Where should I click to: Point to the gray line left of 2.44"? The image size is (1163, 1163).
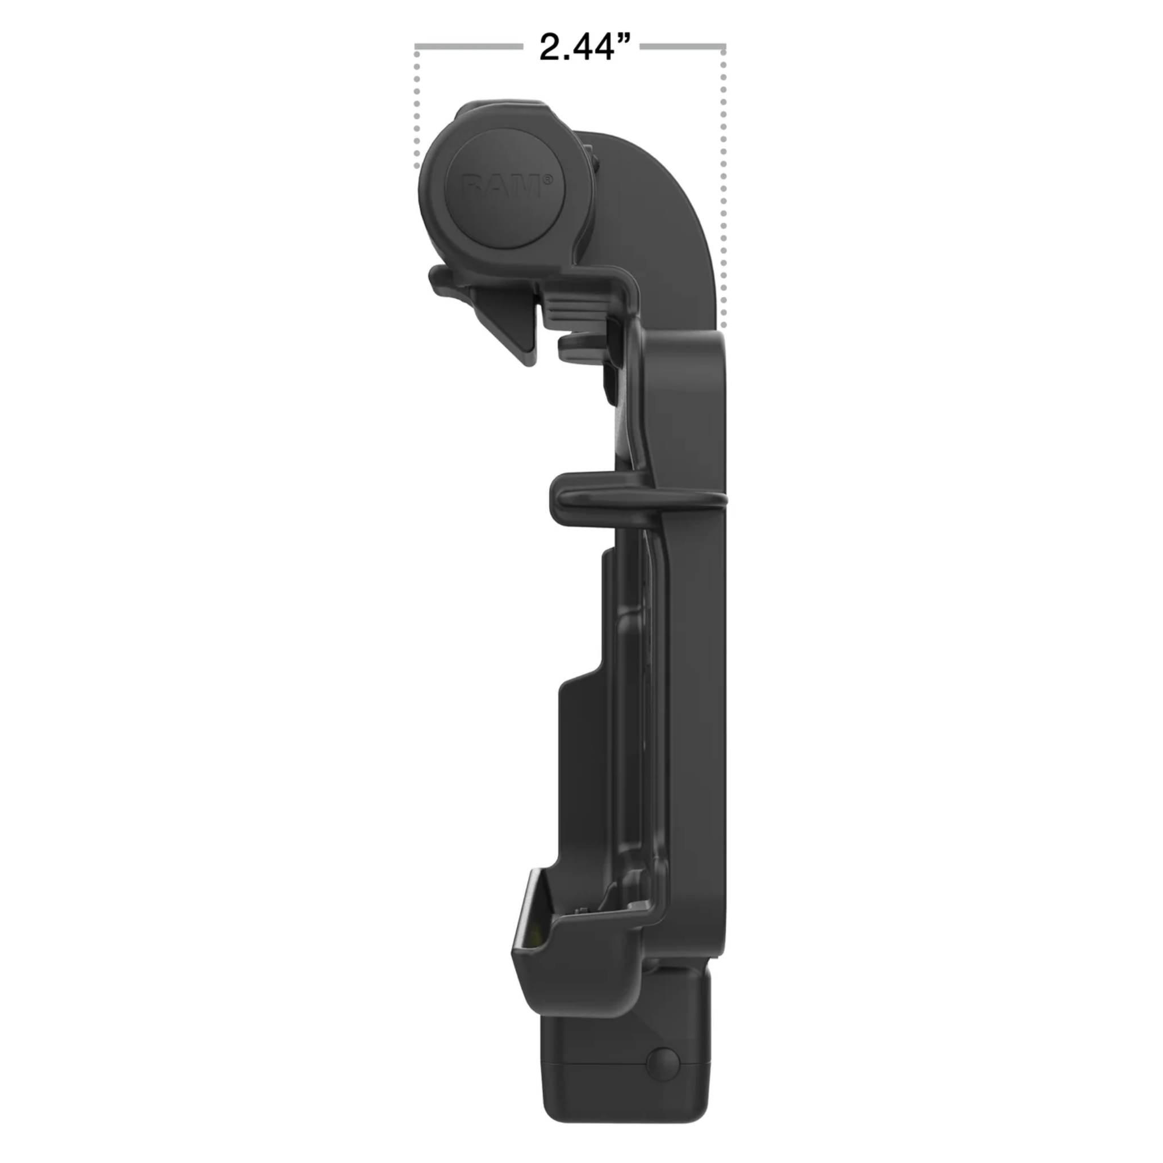tap(468, 46)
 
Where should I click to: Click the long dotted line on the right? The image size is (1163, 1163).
tap(723, 187)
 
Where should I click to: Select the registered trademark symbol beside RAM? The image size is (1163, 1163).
tap(548, 179)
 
